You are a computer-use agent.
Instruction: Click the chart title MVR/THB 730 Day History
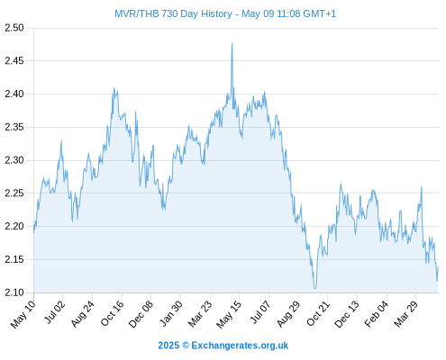coord(173,13)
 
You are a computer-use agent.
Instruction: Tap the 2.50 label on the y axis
coord(14,28)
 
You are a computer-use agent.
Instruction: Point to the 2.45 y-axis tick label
coord(14,61)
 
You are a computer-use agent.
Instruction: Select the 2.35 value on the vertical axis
coord(14,127)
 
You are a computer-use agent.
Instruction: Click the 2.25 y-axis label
coord(14,193)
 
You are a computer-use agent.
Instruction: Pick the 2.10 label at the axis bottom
coord(14,292)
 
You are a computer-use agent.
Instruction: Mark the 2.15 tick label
coord(14,259)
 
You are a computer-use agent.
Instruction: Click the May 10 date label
coord(23,314)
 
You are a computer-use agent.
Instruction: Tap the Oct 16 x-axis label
coord(112,313)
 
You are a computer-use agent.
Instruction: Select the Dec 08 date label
coord(141,314)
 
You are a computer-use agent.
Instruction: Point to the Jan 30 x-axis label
coord(170,313)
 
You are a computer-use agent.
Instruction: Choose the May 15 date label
coord(229,314)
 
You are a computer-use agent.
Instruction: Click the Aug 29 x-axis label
coord(288,314)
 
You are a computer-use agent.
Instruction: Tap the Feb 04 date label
coord(377,314)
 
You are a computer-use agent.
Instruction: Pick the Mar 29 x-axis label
coord(405,314)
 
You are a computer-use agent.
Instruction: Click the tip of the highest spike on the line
coord(232,43)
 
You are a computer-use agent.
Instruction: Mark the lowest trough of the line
coord(314,288)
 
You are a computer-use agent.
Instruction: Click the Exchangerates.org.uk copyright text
coord(240,346)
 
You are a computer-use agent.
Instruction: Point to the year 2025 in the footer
coord(168,346)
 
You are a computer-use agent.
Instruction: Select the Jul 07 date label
coord(260,312)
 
